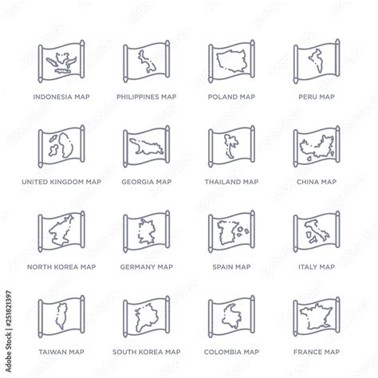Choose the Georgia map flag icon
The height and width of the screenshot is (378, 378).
pyautogui.click(x=146, y=147)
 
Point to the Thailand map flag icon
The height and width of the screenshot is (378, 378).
pyautogui.click(x=230, y=147)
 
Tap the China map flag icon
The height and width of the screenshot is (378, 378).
pyautogui.click(x=316, y=147)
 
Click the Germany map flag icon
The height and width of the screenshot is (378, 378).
pyautogui.click(x=146, y=232)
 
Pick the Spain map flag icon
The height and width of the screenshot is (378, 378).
pyautogui.click(x=230, y=232)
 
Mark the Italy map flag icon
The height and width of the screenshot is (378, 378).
pyautogui.click(x=316, y=232)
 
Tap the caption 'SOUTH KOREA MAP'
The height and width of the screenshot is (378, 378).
pyautogui.click(x=146, y=351)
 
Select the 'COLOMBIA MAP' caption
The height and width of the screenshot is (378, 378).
pyautogui.click(x=230, y=351)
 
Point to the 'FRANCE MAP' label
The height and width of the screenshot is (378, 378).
pyautogui.click(x=316, y=351)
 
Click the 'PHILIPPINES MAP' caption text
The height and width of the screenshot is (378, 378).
pyautogui.click(x=146, y=96)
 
